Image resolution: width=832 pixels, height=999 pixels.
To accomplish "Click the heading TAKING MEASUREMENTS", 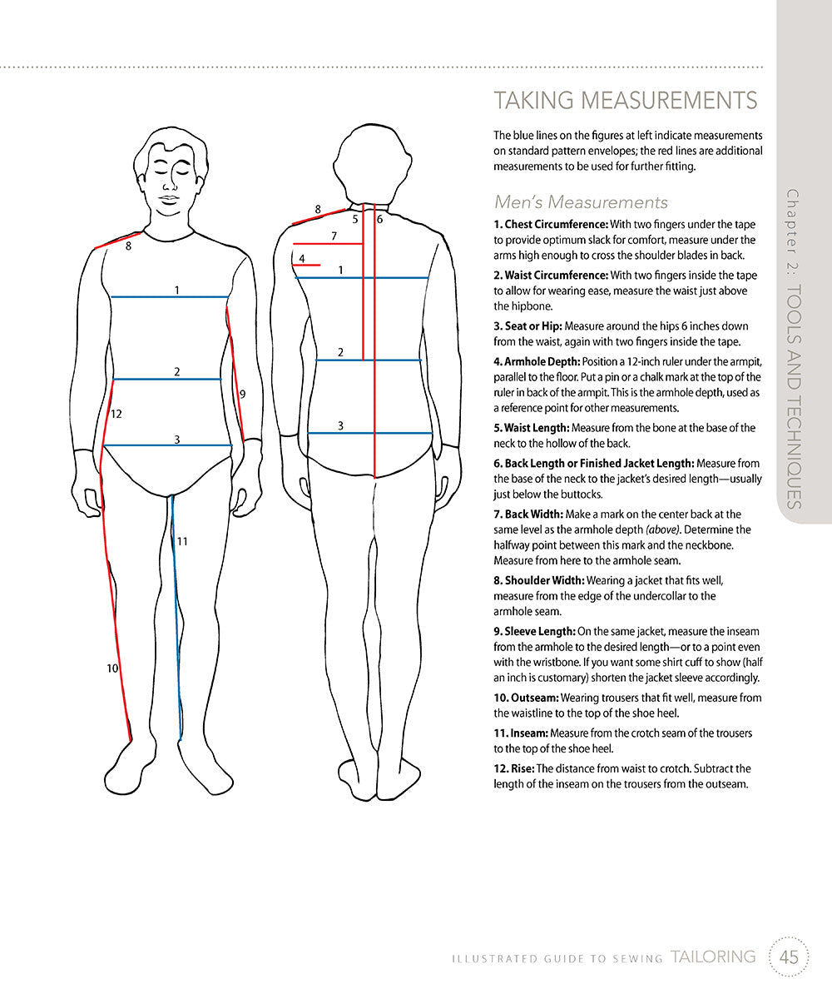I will click(x=625, y=101).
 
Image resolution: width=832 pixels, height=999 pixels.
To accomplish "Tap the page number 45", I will click(x=789, y=957).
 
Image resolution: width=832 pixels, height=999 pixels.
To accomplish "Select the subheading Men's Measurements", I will click(x=581, y=201).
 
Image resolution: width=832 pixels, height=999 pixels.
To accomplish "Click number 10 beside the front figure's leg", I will click(x=112, y=668).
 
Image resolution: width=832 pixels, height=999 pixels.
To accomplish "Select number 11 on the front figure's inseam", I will click(x=182, y=541).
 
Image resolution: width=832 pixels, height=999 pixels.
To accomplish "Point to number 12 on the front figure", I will click(x=116, y=414).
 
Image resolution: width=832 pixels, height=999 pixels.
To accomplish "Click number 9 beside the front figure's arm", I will click(x=242, y=394).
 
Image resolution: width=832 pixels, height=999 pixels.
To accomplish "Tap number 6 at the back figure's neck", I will click(x=379, y=220).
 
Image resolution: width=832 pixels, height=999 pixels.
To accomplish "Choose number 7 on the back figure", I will click(x=334, y=236).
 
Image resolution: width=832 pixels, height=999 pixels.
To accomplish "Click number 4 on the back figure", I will click(x=302, y=258).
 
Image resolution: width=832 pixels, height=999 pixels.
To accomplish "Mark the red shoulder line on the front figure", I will click(x=118, y=241).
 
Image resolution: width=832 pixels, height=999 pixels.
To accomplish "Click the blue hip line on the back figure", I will click(x=370, y=434).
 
